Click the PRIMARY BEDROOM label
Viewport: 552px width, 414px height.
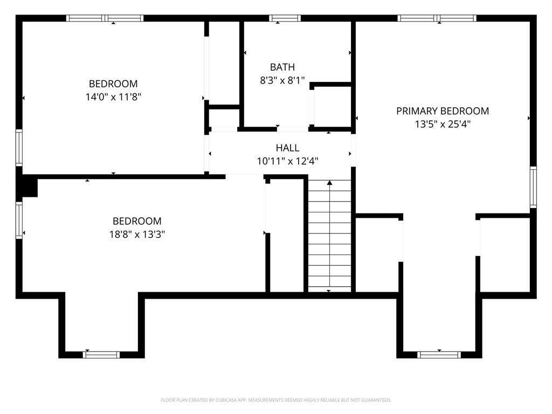click(x=443, y=111)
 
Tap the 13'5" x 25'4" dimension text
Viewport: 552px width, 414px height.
click(x=443, y=125)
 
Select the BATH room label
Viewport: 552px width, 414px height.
click(x=282, y=67)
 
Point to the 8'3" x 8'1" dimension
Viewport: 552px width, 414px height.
click(x=282, y=81)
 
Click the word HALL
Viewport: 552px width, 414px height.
click(x=288, y=148)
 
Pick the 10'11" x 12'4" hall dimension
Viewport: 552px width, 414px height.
click(x=288, y=161)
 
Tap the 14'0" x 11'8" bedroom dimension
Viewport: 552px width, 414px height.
click(x=113, y=97)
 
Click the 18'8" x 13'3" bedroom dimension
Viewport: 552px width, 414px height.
click(x=137, y=234)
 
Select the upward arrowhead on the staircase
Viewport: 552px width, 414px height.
click(x=329, y=183)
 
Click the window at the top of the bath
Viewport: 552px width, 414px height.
click(x=285, y=18)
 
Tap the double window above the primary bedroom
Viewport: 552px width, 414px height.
click(x=437, y=18)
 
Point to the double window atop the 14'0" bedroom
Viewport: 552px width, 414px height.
click(x=105, y=18)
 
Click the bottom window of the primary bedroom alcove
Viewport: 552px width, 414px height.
click(x=439, y=355)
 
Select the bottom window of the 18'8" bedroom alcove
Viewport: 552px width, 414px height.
click(x=101, y=355)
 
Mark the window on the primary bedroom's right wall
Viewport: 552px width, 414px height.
click(x=533, y=187)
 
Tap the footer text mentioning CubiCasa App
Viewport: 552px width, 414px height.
click(x=276, y=400)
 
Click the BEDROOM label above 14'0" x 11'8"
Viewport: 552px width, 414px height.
click(x=113, y=84)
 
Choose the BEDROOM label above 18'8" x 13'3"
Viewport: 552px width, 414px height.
click(x=137, y=221)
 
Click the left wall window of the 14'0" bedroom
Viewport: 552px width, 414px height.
click(x=19, y=148)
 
